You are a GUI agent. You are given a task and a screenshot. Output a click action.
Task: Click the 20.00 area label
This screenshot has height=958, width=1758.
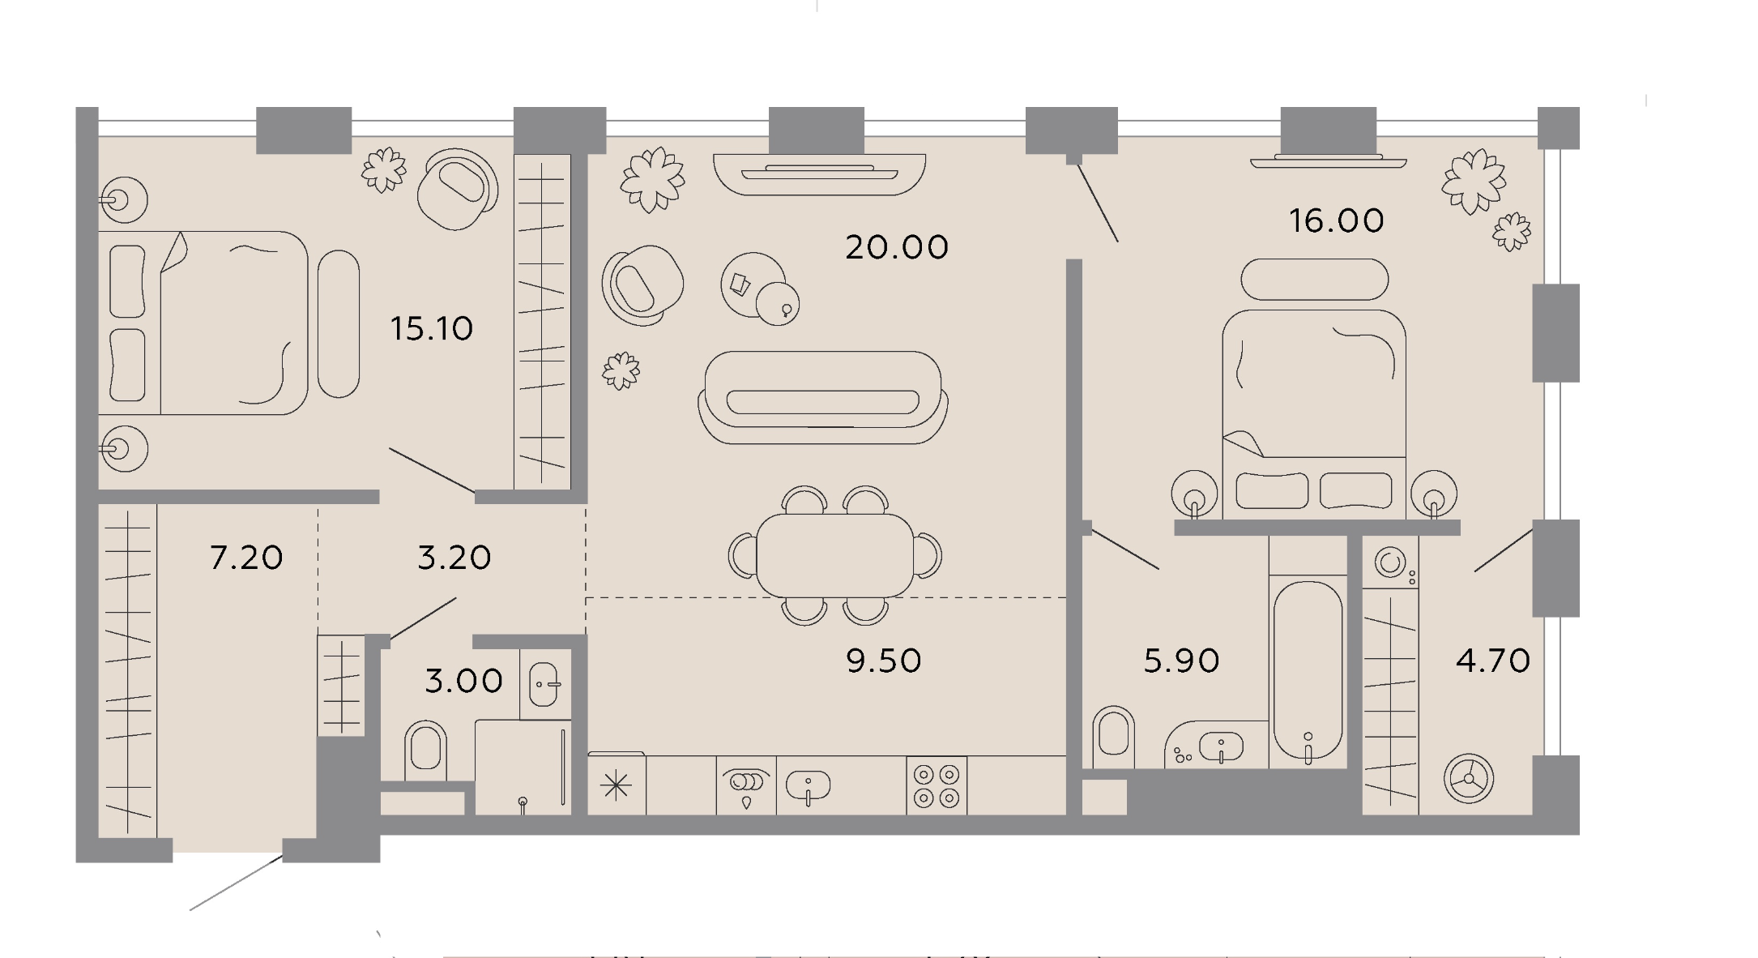897,247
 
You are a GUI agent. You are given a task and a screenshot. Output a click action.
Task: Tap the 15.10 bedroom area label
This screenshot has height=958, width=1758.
432,329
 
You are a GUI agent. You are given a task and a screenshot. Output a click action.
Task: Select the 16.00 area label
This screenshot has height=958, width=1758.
1337,220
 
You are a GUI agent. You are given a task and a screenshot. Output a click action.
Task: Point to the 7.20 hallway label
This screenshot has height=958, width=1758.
246,558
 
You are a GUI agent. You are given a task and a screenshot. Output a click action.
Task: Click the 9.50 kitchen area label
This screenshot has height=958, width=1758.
884,661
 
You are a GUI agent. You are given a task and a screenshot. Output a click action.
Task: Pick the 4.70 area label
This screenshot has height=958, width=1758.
1493,661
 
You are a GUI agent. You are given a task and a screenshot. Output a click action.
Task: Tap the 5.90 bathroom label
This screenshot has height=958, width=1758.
1181,661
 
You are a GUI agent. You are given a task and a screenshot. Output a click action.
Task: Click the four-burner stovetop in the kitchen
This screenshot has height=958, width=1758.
937,785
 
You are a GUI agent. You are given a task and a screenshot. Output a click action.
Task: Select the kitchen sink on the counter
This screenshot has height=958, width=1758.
808,785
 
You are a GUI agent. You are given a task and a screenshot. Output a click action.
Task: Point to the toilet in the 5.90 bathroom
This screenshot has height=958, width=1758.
1114,737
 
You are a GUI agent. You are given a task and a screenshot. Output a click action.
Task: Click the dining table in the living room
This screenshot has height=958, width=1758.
835,555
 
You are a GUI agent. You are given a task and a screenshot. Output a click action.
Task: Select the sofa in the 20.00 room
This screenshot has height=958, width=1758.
823,397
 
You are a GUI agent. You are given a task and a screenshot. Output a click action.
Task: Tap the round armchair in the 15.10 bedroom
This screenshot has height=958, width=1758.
457,190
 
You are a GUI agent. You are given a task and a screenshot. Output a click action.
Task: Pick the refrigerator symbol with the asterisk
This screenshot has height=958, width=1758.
617,785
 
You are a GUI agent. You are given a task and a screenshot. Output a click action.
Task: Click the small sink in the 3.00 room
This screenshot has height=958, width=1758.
544,684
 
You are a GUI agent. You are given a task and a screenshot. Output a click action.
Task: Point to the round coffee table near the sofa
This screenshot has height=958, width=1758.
753,284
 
